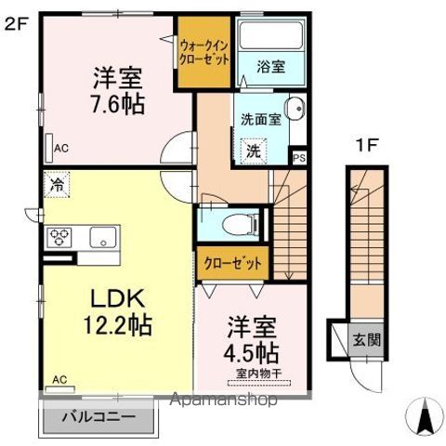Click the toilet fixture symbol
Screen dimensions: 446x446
pos(241,224)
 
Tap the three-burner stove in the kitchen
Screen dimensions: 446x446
pos(59,237)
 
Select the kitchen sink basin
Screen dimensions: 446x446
pos(103,237)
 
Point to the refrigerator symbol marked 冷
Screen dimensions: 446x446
pos(57,185)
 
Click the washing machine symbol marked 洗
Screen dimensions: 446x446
pos(254,151)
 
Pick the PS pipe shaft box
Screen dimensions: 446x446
pos(299,158)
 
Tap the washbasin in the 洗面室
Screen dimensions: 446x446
pos(295,109)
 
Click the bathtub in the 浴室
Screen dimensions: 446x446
pos(271,35)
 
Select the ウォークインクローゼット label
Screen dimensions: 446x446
pos(204,53)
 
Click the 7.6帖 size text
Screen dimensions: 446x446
pos(117,104)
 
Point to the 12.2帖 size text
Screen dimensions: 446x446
pos(117,325)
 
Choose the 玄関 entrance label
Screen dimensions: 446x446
pos(366,340)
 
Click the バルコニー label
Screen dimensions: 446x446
pos(98,417)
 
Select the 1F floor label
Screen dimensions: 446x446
pos(368,145)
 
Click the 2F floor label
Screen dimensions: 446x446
pos(17,24)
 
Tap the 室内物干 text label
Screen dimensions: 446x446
pos(259,374)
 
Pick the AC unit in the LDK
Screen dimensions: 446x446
pos(59,389)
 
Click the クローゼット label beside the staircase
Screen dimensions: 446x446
pos(232,264)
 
